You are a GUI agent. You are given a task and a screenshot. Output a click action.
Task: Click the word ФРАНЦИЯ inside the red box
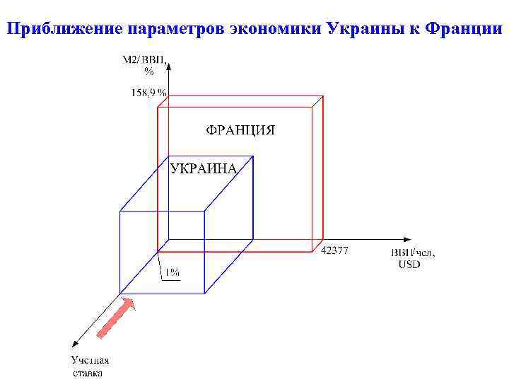coord(240,130)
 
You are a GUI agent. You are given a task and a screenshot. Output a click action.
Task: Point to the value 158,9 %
coord(148,92)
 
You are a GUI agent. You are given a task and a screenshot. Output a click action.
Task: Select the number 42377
coord(334,251)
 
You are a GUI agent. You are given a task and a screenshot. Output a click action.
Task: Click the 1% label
coord(172,272)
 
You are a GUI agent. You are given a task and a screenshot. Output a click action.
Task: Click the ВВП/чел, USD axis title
coord(413,258)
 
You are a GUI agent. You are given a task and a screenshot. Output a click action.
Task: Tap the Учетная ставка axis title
coord(90,366)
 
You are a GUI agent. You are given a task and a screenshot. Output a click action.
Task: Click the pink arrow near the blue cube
coord(115,318)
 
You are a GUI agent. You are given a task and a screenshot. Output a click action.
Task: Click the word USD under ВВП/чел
coord(409,264)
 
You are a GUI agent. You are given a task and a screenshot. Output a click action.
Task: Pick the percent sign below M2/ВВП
coord(148,71)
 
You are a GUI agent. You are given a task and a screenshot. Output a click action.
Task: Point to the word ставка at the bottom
coord(88,373)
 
